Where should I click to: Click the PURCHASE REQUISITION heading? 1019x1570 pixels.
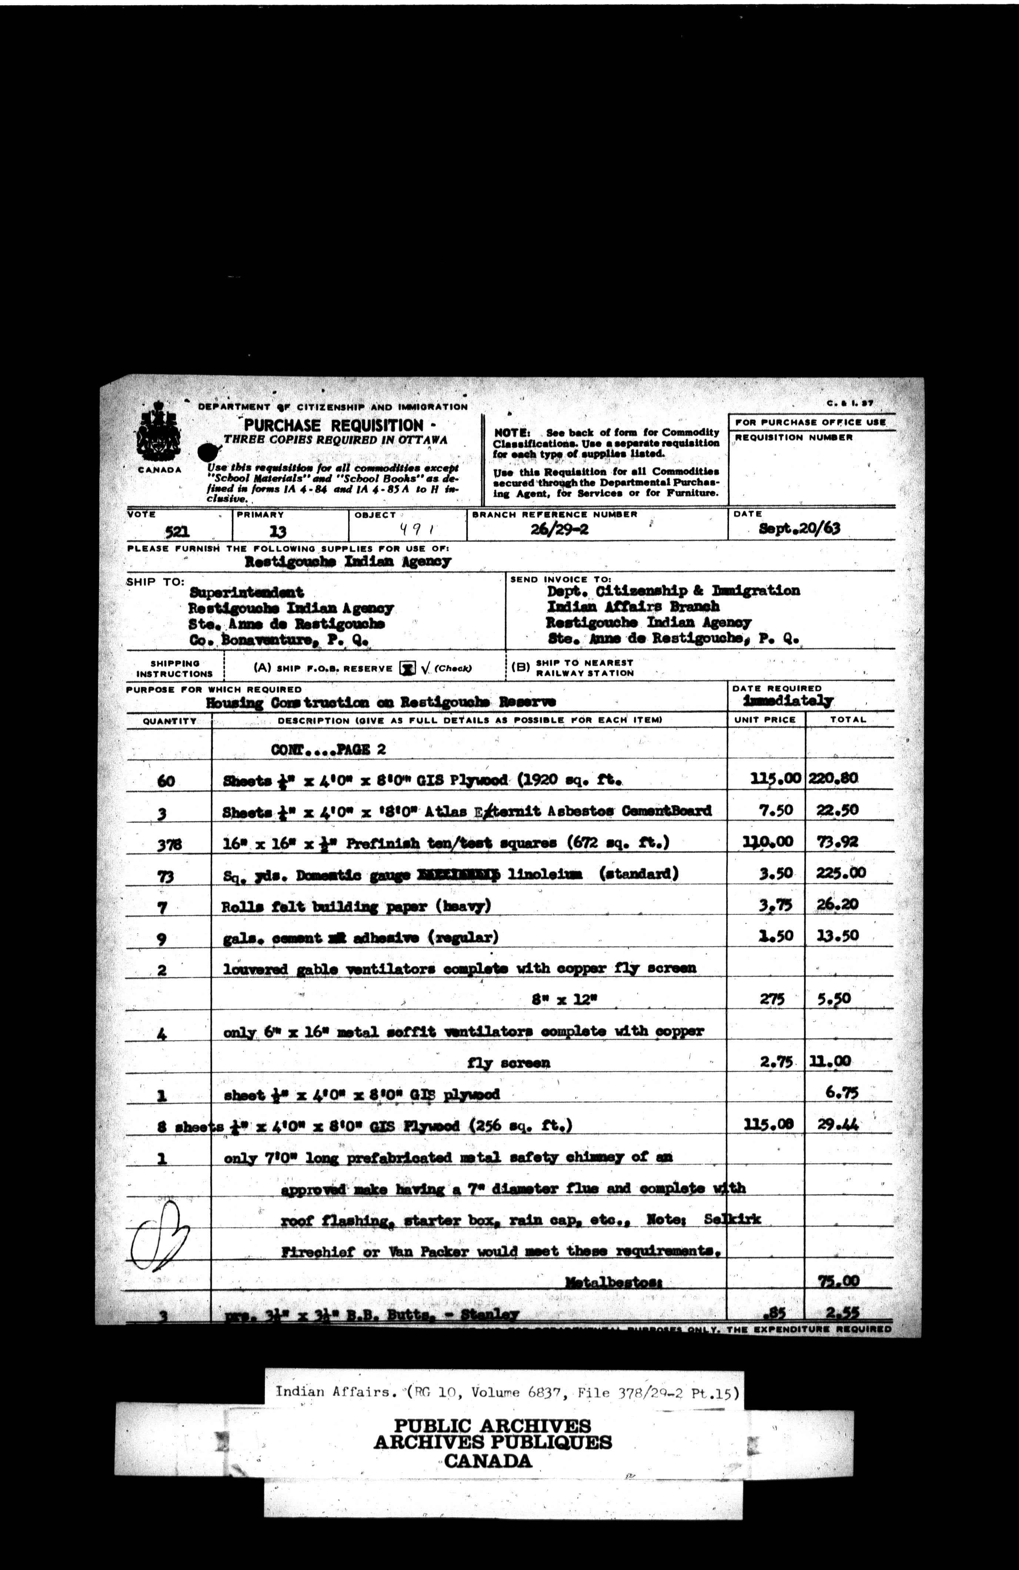click(333, 425)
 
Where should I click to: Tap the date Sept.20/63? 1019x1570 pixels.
click(799, 528)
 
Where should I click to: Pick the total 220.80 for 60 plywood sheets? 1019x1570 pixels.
click(833, 778)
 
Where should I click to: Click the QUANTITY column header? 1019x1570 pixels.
click(170, 721)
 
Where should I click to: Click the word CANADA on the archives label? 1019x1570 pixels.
click(487, 1460)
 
